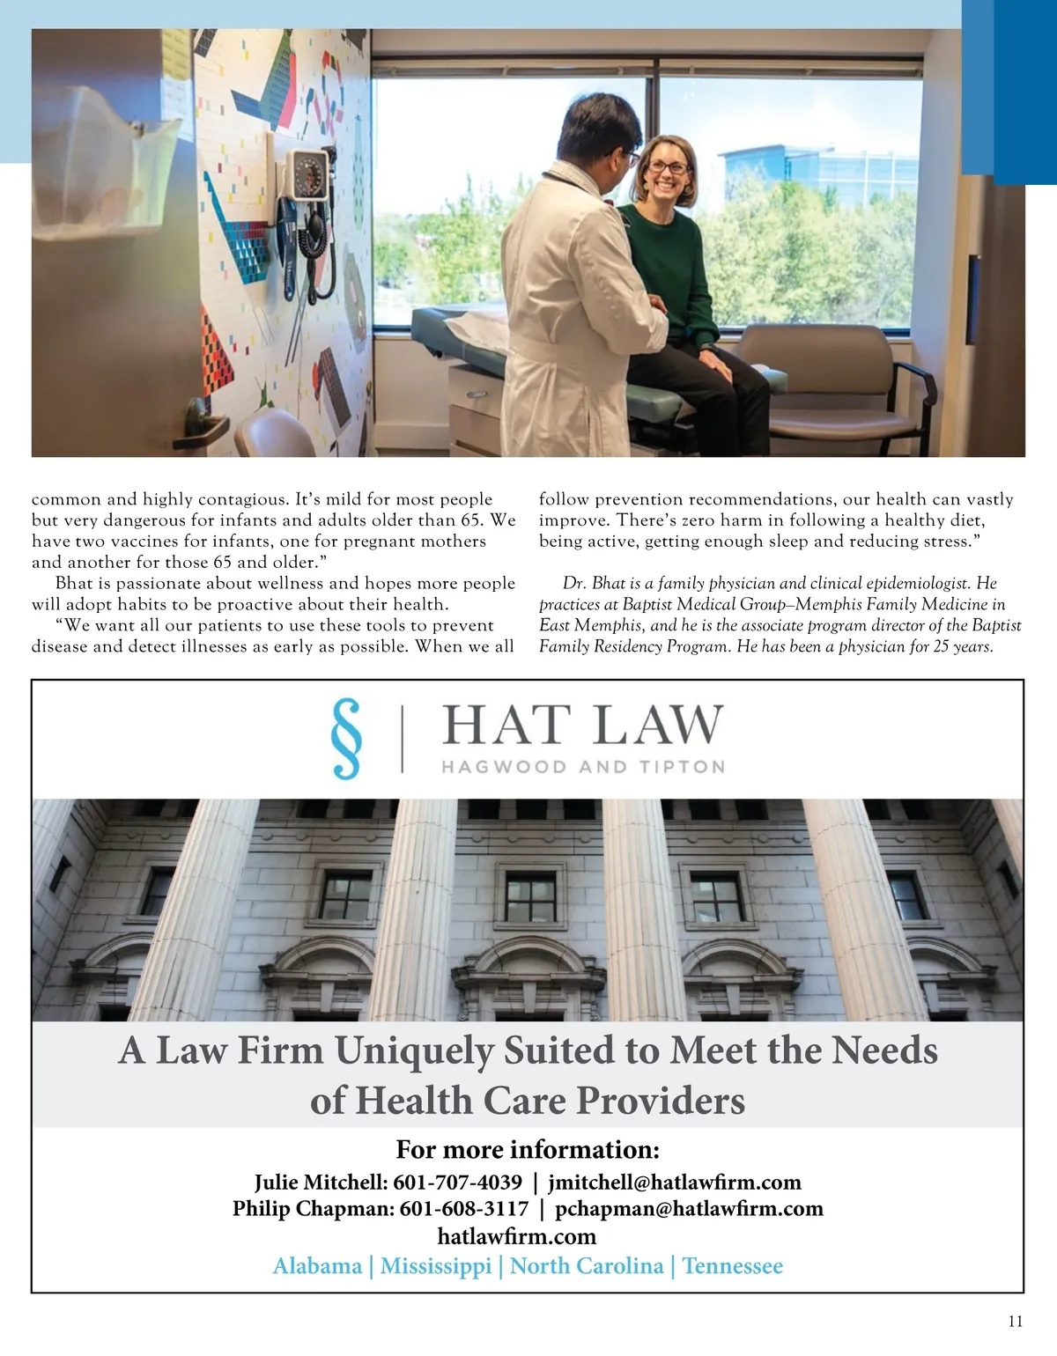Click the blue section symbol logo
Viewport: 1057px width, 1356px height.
[x=347, y=738]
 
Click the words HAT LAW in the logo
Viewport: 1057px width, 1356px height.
[x=582, y=726]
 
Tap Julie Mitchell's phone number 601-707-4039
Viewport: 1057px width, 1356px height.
[x=457, y=1182]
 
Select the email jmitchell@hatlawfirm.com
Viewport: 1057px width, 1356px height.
[x=675, y=1182]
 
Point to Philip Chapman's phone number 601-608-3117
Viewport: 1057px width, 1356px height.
[x=464, y=1208]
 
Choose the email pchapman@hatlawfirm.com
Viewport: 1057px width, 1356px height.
[x=689, y=1208]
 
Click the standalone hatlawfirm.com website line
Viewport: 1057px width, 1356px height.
[x=516, y=1236]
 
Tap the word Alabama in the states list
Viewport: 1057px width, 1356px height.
[x=317, y=1266]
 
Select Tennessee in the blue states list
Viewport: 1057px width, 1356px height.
[x=732, y=1266]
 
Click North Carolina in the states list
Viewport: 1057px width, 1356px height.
[x=587, y=1266]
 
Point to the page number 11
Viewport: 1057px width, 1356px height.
[x=1016, y=1321]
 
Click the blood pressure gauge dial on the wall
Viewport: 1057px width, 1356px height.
[x=309, y=175]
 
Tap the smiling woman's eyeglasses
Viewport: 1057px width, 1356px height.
[x=669, y=167]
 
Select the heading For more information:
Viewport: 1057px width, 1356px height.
[x=528, y=1150]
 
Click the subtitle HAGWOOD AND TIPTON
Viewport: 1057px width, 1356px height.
[x=583, y=767]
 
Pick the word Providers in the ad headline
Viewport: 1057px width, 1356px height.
[x=661, y=1101]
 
